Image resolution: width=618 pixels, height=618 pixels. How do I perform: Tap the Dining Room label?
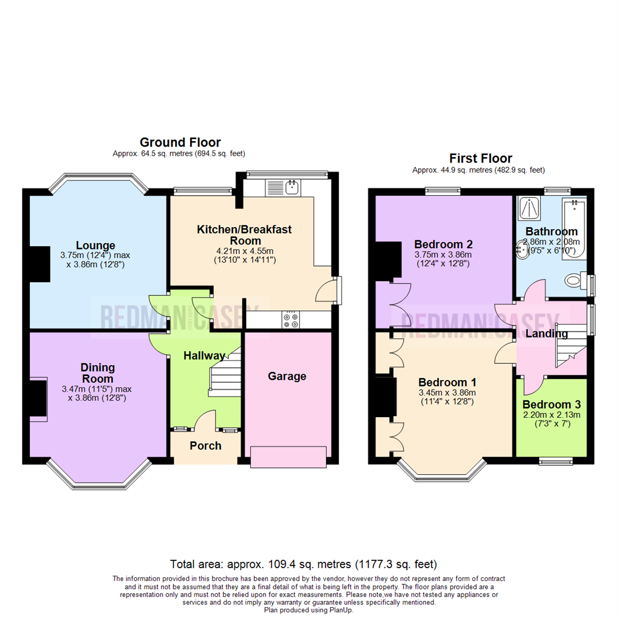click(97, 373)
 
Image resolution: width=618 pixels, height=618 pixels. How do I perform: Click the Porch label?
click(205, 446)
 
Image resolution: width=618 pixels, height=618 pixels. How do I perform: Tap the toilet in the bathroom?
click(575, 281)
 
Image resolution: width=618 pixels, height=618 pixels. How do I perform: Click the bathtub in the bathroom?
click(575, 229)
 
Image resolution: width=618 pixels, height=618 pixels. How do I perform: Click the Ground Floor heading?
click(180, 142)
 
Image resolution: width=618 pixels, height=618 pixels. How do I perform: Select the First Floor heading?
click(480, 158)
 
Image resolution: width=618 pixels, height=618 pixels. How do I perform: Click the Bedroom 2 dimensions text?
click(444, 259)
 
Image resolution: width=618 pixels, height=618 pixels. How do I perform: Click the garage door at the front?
click(288, 457)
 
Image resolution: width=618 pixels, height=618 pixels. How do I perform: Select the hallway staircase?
click(224, 375)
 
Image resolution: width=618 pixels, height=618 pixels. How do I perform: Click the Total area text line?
click(308, 563)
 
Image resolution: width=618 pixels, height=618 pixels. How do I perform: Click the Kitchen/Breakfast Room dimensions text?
click(244, 255)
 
